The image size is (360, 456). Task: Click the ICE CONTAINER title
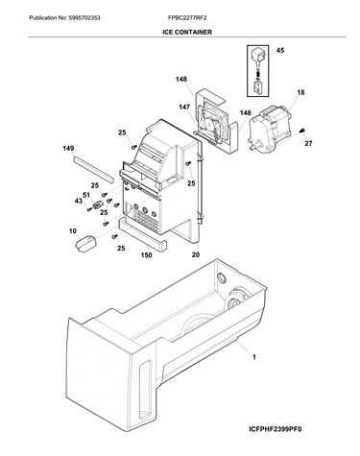187,32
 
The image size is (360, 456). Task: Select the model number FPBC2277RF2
187,18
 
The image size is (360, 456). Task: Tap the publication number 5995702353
84,18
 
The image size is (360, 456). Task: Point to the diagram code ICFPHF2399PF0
275,429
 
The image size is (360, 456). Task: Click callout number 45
280,50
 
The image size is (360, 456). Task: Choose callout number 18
300,92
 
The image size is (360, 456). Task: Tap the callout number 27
308,143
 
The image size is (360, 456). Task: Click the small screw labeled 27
301,131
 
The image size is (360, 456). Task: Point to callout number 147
184,107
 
